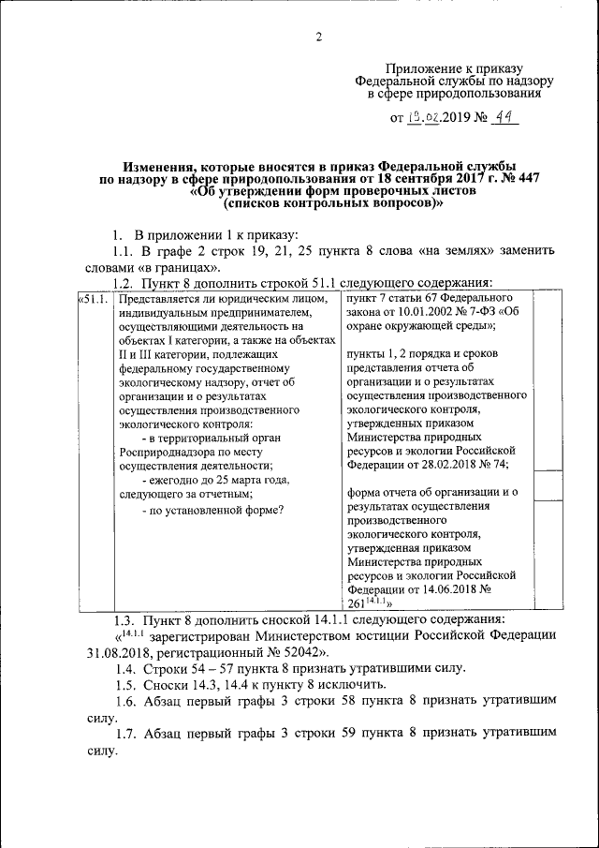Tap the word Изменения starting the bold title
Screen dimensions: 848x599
coord(160,165)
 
